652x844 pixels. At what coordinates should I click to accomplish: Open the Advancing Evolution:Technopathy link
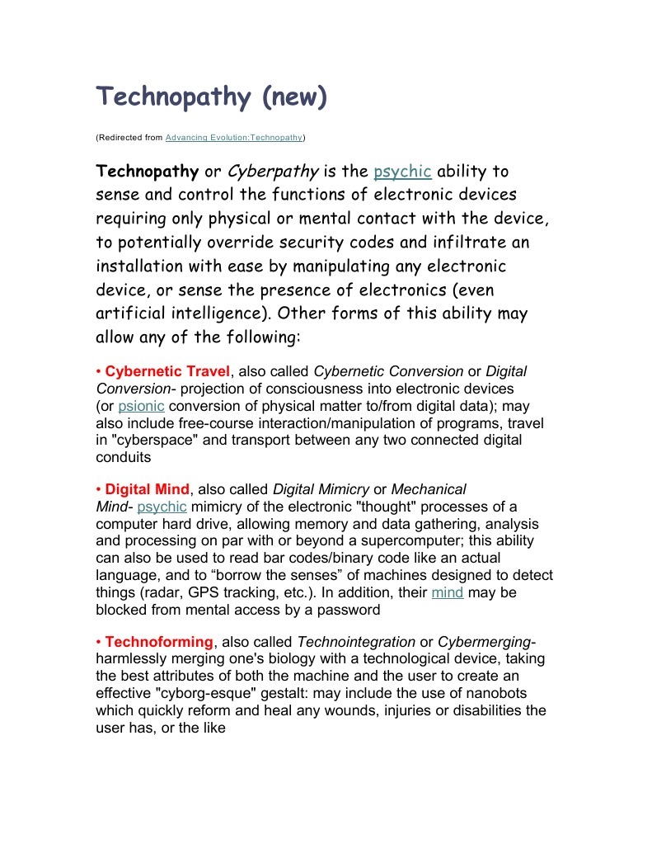(234, 137)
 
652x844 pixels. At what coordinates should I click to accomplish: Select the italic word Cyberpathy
(273, 172)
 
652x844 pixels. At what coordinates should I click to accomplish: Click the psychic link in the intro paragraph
(402, 172)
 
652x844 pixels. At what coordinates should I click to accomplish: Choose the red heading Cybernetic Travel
(167, 371)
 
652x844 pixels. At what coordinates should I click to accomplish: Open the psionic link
(141, 406)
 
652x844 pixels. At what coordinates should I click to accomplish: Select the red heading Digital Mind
(147, 489)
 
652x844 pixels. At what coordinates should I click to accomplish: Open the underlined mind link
(448, 592)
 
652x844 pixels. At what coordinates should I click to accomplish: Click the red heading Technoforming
(159, 642)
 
